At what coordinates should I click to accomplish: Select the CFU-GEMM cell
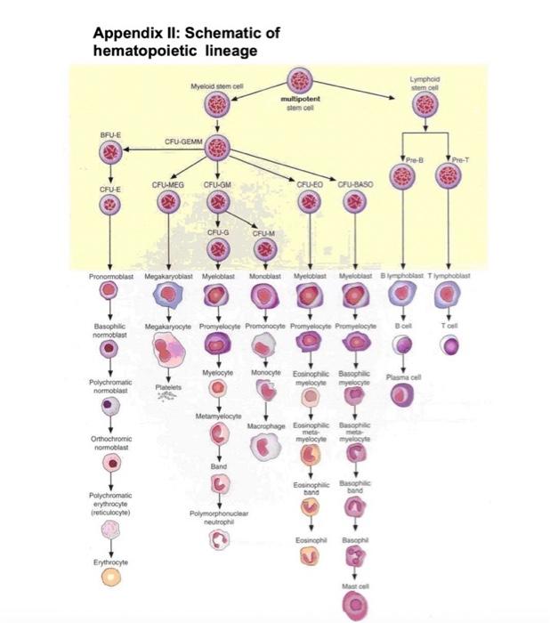point(217,149)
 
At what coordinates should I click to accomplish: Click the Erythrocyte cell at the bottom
point(110,577)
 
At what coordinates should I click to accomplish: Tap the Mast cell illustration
point(354,605)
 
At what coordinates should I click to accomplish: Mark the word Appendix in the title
point(125,34)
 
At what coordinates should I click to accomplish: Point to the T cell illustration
point(449,344)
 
